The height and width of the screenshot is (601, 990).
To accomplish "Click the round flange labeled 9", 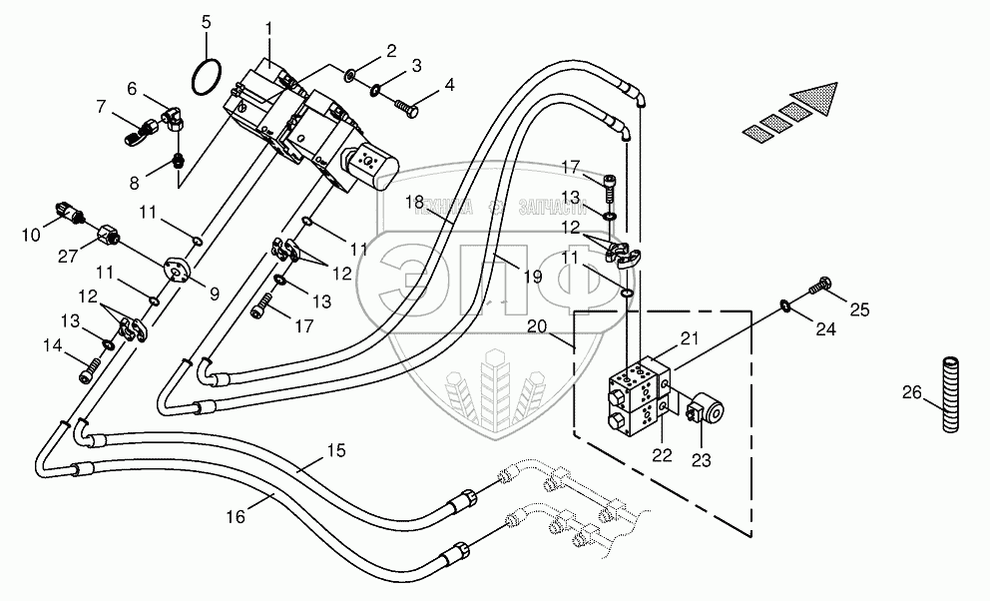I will click(180, 270).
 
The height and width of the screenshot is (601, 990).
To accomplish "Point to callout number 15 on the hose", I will click(336, 451).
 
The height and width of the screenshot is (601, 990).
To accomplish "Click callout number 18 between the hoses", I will click(415, 203).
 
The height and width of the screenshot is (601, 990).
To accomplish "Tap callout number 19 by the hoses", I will click(532, 278).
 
